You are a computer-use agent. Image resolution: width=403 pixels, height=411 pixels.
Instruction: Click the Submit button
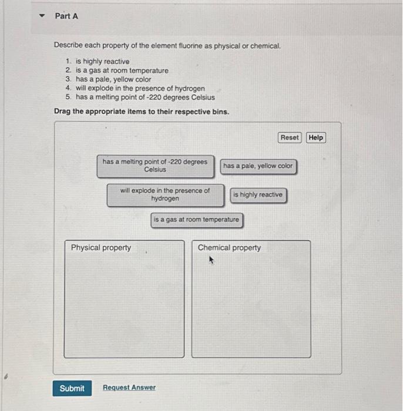coord(72,388)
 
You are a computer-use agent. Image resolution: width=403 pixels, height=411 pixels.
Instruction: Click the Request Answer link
coord(129,388)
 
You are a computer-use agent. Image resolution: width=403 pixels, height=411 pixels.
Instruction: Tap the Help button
coord(315,137)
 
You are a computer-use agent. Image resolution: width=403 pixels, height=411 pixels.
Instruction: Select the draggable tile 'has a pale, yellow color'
coord(257,166)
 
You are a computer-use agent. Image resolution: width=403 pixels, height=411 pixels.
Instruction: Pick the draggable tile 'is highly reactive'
coord(257,195)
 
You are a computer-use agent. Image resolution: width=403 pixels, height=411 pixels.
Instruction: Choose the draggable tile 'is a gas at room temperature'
coord(196,220)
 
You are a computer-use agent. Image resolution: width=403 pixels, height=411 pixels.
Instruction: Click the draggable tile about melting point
coord(155,166)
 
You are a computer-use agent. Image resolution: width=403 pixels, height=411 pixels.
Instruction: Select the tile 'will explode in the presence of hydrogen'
coord(165,195)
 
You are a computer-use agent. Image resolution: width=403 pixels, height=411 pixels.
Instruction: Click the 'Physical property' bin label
coord(101,248)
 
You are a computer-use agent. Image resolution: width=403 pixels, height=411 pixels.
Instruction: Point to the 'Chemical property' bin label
coord(229,248)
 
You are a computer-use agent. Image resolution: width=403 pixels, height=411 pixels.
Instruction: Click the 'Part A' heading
coord(66,16)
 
